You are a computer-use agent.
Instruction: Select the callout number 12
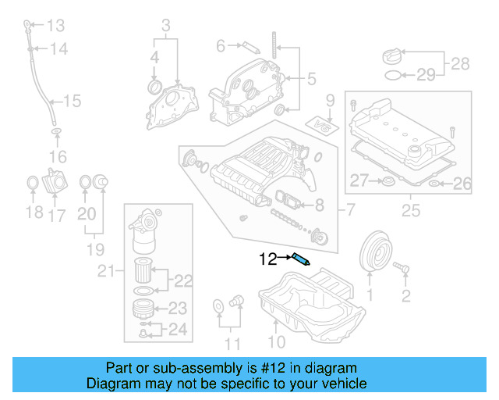[268, 259]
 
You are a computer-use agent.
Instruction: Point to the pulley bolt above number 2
[402, 269]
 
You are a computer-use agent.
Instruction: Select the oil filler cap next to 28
[392, 56]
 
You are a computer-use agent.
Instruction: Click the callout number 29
[425, 76]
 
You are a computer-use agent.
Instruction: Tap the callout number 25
[409, 210]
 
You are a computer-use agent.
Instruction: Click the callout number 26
[462, 184]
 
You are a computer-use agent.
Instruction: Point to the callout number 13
[57, 23]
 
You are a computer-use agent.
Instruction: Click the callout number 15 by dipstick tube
[72, 100]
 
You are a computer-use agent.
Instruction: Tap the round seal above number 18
[32, 184]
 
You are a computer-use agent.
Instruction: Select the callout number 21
[106, 271]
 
